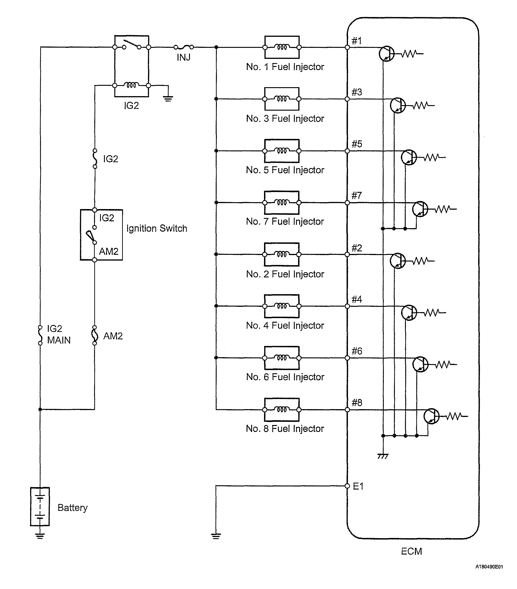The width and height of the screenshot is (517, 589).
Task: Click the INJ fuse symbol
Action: point(184,47)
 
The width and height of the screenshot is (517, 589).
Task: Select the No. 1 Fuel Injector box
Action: point(282,47)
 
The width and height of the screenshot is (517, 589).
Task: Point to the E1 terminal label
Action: point(358,486)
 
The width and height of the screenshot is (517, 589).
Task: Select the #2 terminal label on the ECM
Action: point(357,248)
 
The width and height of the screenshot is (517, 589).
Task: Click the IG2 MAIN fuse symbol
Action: point(40,335)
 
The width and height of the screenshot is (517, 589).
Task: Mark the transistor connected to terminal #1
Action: point(386,54)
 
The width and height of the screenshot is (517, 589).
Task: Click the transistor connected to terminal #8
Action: point(431,416)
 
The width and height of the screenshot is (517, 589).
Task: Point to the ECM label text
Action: point(411,551)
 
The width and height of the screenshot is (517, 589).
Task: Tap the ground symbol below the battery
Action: point(40,536)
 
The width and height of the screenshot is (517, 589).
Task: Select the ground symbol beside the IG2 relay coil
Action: point(168,99)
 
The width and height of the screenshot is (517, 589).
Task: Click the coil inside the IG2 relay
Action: point(131,85)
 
